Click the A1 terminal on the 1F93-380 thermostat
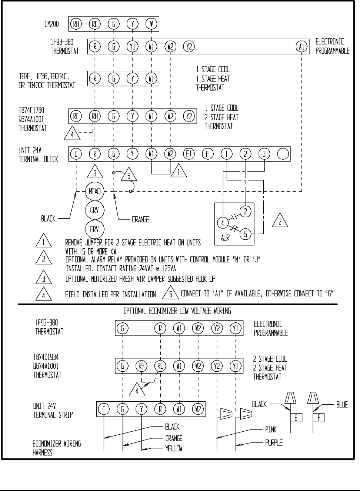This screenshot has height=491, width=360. (x=301, y=47)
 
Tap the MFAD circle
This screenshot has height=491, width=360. (x=94, y=192)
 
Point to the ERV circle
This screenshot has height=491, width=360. (x=94, y=229)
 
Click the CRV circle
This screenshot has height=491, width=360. (x=94, y=210)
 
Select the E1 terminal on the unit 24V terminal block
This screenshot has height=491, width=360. (x=189, y=154)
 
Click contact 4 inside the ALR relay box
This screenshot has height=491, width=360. (x=223, y=223)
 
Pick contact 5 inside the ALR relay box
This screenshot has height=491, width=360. (x=245, y=233)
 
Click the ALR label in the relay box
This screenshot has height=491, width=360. (x=225, y=238)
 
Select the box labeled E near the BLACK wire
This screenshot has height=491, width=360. (x=296, y=418)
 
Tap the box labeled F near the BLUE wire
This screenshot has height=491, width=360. (x=319, y=418)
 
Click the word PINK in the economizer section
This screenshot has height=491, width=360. (x=271, y=430)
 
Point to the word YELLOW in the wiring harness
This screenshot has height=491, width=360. (x=174, y=449)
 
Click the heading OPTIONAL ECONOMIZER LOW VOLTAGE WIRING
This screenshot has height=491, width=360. (x=177, y=311)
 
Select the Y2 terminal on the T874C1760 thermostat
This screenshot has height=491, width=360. (x=189, y=116)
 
